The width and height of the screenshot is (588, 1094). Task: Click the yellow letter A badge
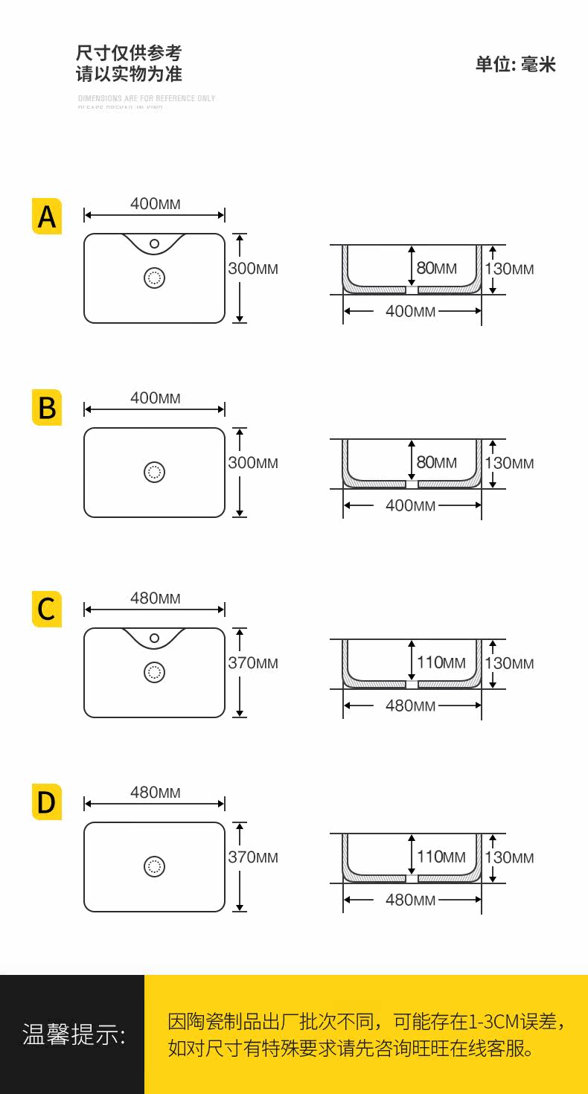tap(47, 217)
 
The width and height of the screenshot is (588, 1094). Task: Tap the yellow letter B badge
tap(47, 408)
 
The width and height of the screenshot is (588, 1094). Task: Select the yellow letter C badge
tap(47, 609)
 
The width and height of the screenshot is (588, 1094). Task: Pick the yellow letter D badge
tap(47, 802)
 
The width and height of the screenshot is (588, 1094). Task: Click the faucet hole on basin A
tap(155, 243)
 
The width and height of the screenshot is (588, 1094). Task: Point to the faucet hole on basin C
tap(155, 638)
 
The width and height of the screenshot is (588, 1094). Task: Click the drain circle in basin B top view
tap(154, 472)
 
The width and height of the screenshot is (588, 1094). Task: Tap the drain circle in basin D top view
tap(154, 866)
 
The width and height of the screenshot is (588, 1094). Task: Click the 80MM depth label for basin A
tap(436, 268)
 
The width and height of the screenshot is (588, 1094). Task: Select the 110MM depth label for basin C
tap(441, 662)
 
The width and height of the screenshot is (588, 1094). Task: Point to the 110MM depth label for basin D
tap(441, 857)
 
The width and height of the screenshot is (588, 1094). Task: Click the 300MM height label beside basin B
tap(253, 463)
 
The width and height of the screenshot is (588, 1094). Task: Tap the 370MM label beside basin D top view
tap(253, 857)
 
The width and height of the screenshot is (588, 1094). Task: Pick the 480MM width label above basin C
tap(155, 598)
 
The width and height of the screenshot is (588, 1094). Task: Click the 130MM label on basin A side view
tap(509, 269)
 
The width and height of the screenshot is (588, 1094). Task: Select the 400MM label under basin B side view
tap(410, 505)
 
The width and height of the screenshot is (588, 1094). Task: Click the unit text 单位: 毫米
tap(516, 65)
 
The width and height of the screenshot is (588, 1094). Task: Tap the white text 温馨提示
tap(74, 1034)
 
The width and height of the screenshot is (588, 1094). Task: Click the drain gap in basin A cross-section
tap(412, 290)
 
